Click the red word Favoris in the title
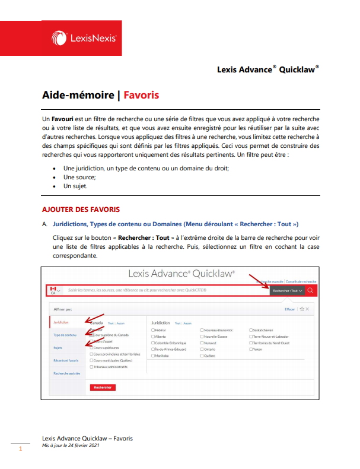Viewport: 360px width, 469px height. (141, 95)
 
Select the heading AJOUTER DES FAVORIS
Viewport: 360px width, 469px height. (81, 209)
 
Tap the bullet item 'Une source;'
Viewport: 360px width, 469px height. (79, 177)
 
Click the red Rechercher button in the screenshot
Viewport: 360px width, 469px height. (103, 387)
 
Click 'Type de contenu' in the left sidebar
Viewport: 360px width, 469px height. (65, 335)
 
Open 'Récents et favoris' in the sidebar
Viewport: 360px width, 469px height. (65, 360)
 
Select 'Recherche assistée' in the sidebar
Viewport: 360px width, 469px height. (66, 373)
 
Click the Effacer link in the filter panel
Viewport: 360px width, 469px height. (289, 309)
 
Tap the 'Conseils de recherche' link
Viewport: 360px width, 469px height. (301, 281)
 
